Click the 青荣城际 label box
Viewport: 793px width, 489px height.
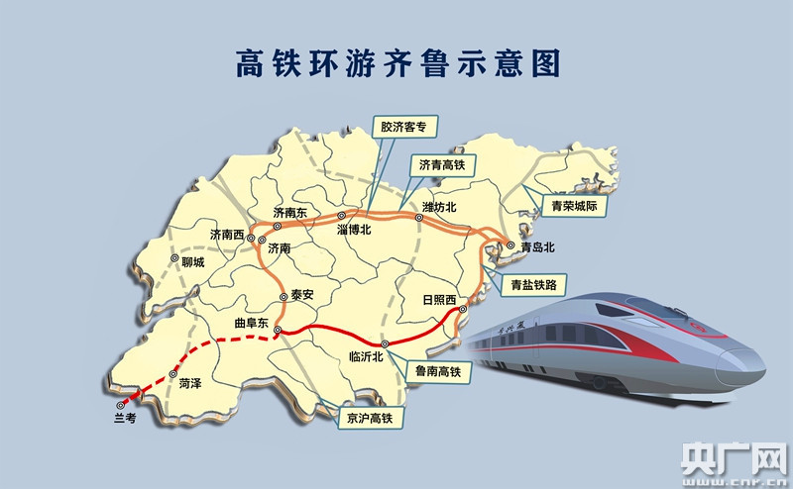575,207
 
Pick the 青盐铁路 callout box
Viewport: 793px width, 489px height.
534,285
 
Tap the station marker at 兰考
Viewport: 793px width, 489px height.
121,404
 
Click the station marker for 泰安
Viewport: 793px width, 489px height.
283,296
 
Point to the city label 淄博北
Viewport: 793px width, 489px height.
353,230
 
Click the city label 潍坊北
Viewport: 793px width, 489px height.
439,207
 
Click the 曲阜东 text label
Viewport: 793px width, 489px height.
251,324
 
